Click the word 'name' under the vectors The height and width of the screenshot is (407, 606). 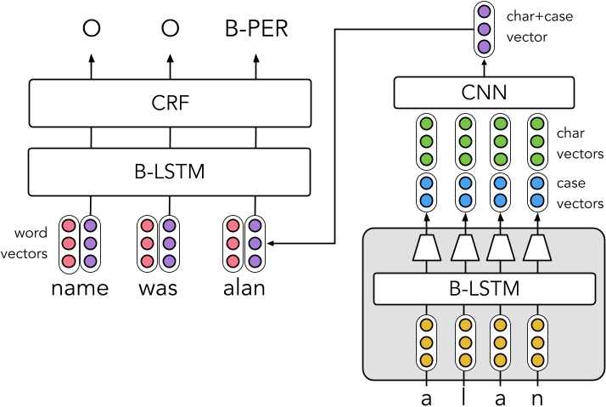tap(80, 288)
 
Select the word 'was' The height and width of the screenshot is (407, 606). tap(158, 288)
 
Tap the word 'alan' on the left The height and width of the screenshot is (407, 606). tap(243, 288)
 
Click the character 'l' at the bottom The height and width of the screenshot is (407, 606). tap(463, 397)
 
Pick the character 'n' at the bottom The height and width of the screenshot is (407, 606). tap(536, 397)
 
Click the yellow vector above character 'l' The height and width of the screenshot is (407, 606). tap(463, 343)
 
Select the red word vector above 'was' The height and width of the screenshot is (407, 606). tap(147, 243)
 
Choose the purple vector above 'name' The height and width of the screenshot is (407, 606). tap(90, 243)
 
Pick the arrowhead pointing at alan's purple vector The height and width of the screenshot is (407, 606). tap(273, 243)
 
